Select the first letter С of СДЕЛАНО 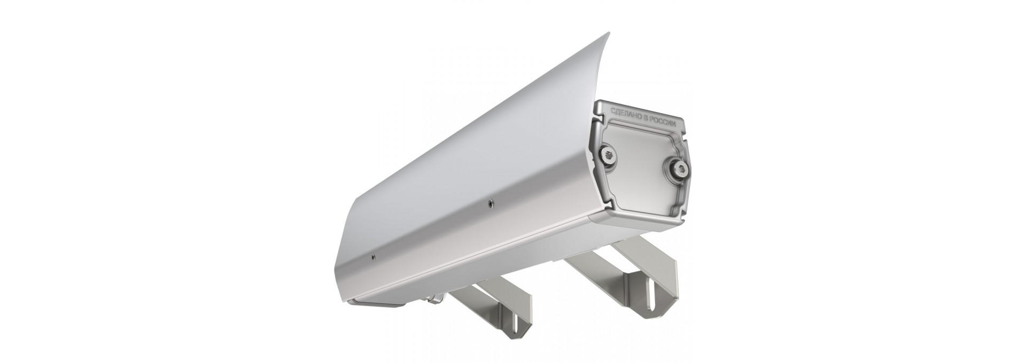point(613,112)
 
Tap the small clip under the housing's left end point(431,300)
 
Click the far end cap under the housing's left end point(374,305)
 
